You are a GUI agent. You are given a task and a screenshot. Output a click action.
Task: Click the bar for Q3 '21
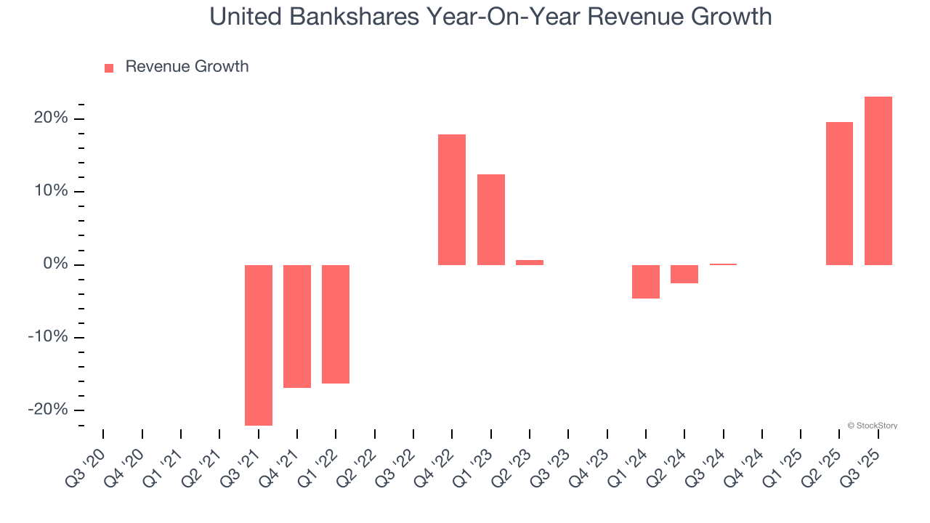coord(259,345)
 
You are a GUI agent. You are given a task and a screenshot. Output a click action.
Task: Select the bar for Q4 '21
coord(297,326)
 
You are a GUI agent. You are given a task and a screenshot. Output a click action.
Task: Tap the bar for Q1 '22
coord(336,324)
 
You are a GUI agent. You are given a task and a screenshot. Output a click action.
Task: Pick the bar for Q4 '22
coord(452,200)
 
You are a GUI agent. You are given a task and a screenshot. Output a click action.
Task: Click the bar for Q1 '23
coord(491,219)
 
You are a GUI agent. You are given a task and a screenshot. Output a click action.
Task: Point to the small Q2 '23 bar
coord(530,262)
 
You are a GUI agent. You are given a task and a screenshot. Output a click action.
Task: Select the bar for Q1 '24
coord(646,282)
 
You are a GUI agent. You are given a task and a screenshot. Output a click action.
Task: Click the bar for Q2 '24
coord(684,274)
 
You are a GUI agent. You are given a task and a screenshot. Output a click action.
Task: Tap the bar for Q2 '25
coord(839,193)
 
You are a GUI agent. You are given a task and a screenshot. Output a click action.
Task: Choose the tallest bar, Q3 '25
coord(878,181)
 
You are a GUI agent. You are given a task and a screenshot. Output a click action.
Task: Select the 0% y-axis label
coord(55,264)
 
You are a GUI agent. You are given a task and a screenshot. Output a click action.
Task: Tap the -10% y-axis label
coord(49,337)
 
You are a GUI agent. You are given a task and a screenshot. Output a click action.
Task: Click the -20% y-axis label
coord(49,410)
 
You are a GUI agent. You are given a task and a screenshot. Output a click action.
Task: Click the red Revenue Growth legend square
coord(109,68)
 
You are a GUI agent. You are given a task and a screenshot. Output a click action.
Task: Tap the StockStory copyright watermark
coord(873,426)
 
